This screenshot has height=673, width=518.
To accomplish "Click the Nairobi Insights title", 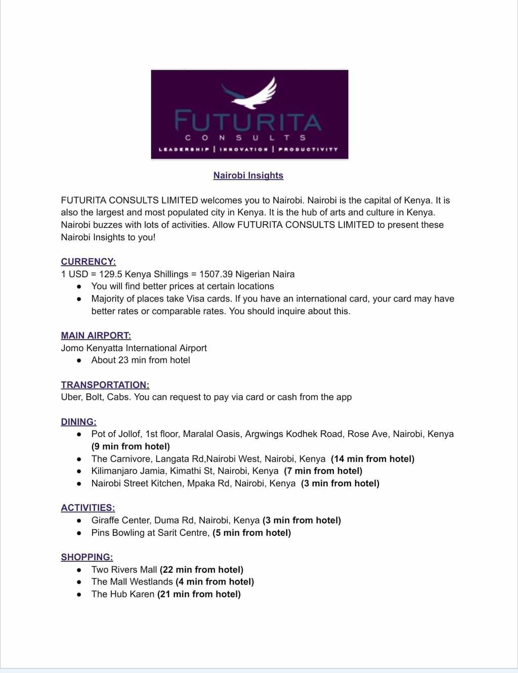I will point(248,176).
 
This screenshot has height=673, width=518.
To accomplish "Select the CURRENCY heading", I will point(88,262).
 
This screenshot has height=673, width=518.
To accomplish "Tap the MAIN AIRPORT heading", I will point(96,335).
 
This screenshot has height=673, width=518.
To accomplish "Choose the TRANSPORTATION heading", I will point(105,385).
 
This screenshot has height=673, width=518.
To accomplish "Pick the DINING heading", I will point(78,422).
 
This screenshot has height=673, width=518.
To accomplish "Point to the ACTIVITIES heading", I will point(88,508).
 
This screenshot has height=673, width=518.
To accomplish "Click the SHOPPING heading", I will point(87,557).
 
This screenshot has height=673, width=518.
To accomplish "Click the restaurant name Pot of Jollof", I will point(116,434).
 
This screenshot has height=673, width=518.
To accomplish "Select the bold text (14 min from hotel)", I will point(372,459).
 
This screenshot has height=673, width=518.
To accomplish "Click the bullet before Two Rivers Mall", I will point(79,570).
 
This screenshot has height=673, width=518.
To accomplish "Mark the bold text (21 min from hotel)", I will point(199,594).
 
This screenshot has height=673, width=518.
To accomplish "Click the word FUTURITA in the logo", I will point(248,122).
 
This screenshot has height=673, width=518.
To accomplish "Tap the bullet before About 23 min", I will point(79,360).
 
